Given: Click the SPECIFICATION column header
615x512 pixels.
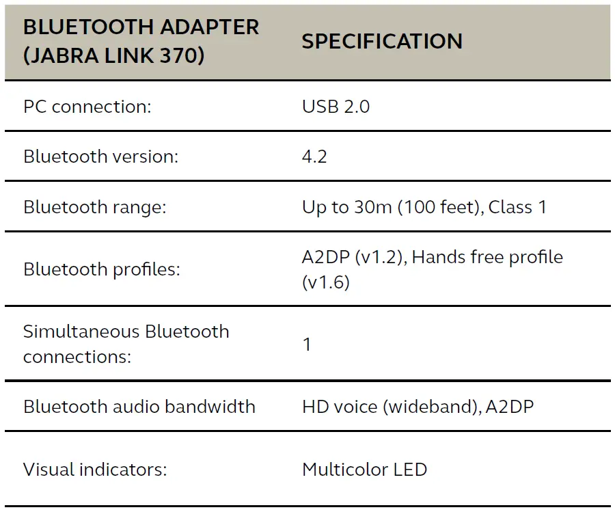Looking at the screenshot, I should coord(382,41).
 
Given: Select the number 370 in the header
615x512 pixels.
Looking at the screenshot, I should coord(183,54).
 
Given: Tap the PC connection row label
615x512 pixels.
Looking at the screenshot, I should coord(85,107).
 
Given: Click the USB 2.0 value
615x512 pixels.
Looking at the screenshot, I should coord(336,107).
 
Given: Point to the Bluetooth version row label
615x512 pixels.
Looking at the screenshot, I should coord(100,157).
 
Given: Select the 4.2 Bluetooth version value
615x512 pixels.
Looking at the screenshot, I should coord(314,157).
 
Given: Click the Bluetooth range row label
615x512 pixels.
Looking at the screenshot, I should coord(95,207).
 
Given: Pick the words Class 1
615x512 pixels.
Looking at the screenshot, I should coord(518,207).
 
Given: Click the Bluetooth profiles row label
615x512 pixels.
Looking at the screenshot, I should coord(102,269).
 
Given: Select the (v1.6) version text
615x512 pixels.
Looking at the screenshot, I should coord(326,282).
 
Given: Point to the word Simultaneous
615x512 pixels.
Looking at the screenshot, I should coord(72,332).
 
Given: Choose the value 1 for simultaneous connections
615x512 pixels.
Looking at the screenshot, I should coord(307,345).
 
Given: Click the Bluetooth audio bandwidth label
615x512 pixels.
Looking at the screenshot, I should coord(139,407).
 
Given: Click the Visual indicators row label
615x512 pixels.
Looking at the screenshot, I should coord(95,470).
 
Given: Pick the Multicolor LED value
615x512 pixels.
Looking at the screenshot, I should coord(364,470).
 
